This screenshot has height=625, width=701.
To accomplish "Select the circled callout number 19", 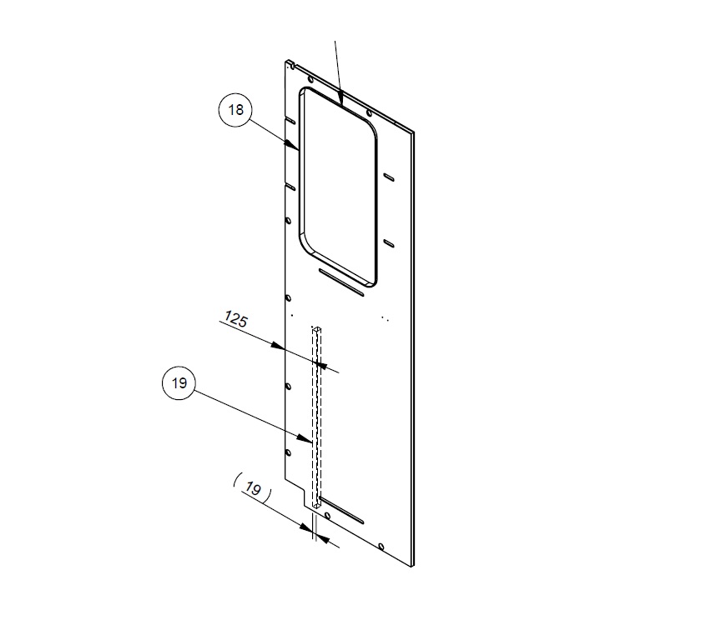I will pos(179,384).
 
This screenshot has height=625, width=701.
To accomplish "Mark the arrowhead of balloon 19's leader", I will pos(310,440).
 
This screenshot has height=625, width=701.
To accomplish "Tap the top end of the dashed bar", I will pos(317,330).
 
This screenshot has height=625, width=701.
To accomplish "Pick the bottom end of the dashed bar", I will pos(318,504).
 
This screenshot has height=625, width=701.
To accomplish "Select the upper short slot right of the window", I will pos(388,176).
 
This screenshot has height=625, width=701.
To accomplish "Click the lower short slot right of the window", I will pos(388,242).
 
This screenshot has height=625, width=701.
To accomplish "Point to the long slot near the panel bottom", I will pos(343,511).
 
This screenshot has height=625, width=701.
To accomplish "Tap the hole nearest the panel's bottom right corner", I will pos(380,547).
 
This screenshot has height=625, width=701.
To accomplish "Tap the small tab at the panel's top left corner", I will pos(290,62).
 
